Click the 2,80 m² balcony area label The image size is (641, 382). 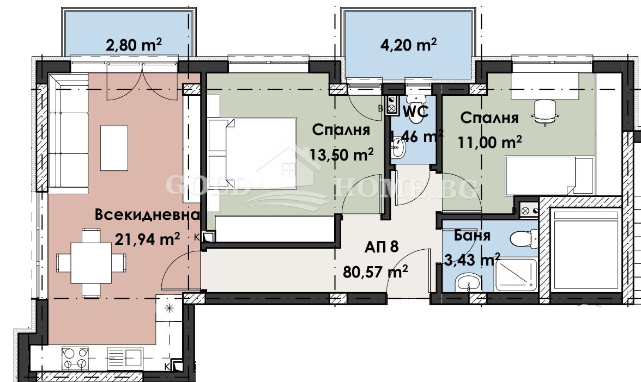[x=134, y=45]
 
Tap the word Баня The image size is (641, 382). [x=471, y=236]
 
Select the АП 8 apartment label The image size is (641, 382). [x=382, y=247]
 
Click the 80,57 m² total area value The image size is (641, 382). [x=376, y=270]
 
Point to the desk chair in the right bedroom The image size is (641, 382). [x=545, y=112]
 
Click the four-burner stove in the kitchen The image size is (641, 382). [x=75, y=358]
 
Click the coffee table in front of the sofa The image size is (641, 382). [x=114, y=147]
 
